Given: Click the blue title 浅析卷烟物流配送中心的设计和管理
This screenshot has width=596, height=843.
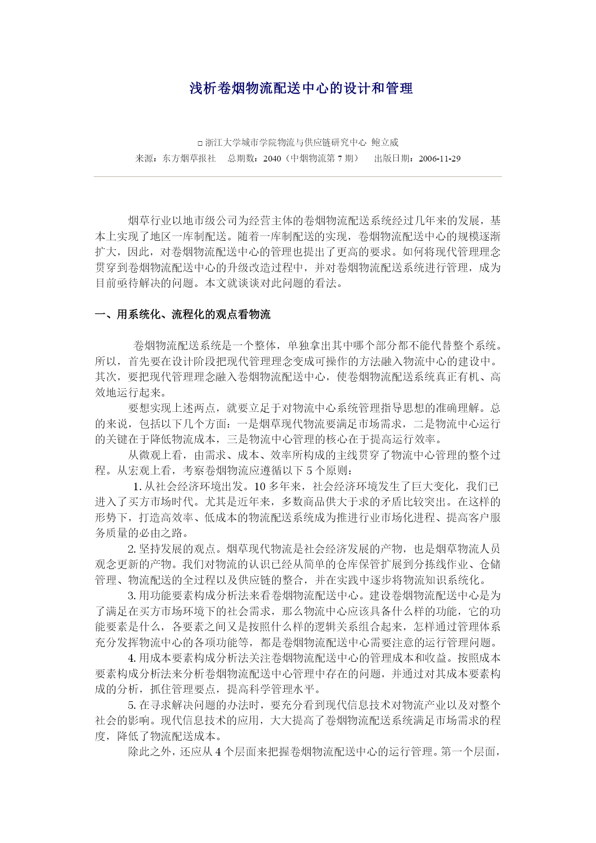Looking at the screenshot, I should point(301,88).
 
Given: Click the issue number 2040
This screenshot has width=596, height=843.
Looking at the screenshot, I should point(272,159).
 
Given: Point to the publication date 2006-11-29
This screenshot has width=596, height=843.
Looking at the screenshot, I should point(439,159).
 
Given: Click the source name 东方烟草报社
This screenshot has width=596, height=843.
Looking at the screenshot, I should point(189,159).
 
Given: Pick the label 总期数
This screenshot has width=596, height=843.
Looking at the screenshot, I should point(243,159).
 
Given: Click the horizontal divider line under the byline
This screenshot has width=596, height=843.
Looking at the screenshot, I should point(298,177).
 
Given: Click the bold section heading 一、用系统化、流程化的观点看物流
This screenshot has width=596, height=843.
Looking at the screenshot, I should point(183,314).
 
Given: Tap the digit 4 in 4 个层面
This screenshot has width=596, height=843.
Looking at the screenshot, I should point(219,752).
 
